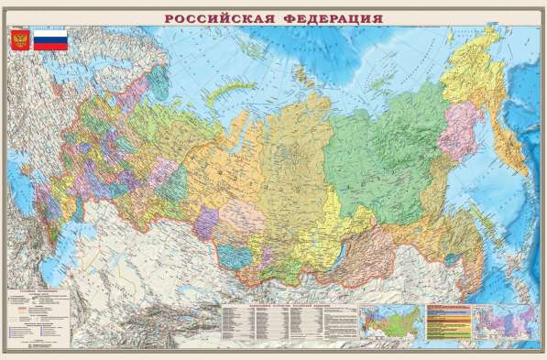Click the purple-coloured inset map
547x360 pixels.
click(x=499, y=326)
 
